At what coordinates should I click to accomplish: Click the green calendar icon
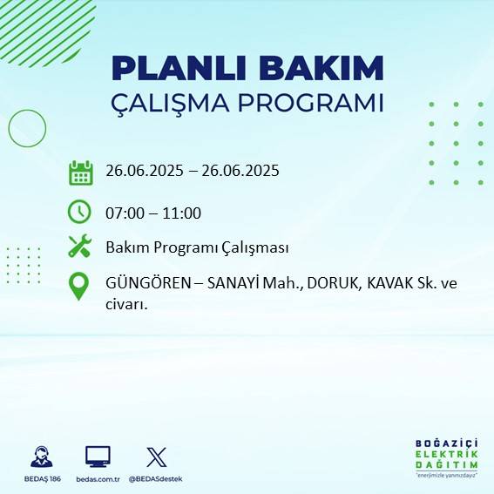(80, 173)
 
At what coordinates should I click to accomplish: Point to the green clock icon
(79, 211)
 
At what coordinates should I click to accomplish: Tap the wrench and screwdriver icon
(79, 247)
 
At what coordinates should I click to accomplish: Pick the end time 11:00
(183, 213)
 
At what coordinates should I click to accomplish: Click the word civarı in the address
(125, 305)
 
